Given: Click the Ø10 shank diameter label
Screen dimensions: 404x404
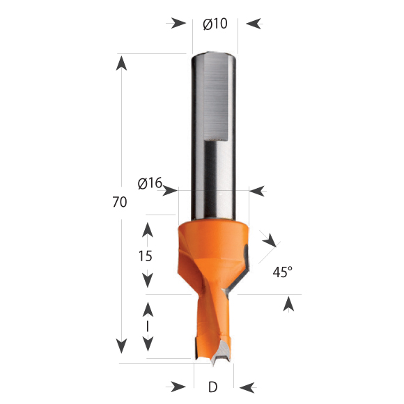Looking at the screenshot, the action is pyautogui.click(x=215, y=24).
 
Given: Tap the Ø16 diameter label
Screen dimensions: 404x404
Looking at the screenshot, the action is pyautogui.click(x=150, y=183).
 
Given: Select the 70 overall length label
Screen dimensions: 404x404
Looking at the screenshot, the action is pyautogui.click(x=120, y=202).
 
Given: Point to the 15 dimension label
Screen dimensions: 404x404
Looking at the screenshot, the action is pyautogui.click(x=146, y=256).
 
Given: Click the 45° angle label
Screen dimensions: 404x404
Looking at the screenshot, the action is pyautogui.click(x=283, y=272).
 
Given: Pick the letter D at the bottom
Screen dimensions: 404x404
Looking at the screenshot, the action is pyautogui.click(x=213, y=387).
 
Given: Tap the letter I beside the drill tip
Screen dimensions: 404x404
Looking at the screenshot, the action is pyautogui.click(x=148, y=327).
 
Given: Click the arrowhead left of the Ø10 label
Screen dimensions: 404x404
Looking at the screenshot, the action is pyautogui.click(x=178, y=24).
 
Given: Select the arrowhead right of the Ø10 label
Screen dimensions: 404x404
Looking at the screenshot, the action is pyautogui.click(x=254, y=24).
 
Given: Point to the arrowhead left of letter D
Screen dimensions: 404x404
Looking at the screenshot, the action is pyautogui.click(x=178, y=387).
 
